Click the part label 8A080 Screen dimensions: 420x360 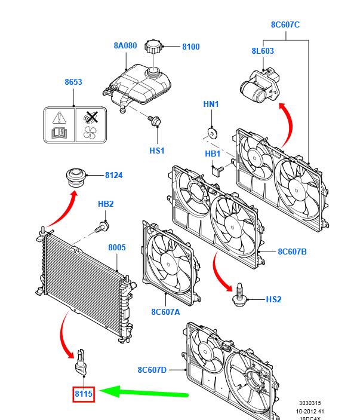pos(126,45)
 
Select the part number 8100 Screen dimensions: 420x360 pos(191,47)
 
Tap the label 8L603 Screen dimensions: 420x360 pos(263,51)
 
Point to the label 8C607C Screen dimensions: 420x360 pos(285,24)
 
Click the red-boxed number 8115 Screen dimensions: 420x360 pos(84,393)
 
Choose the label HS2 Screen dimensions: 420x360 pos(273,299)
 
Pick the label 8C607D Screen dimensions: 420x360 pos(152,370)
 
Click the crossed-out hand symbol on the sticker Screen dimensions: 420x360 pos(91,116)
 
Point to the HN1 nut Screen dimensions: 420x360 pos(211,131)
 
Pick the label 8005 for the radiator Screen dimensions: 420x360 pos(117,247)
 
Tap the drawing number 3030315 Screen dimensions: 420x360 pos(313,403)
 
